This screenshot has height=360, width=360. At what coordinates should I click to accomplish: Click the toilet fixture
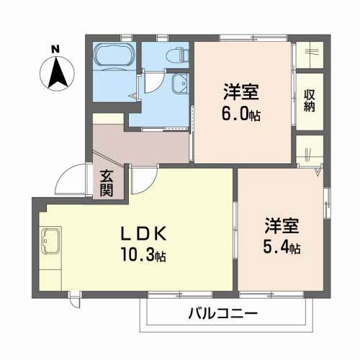tap(177, 55)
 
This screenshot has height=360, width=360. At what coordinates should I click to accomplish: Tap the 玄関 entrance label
tap(107, 183)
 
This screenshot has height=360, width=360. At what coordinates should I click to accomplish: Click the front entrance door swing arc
tap(72, 181)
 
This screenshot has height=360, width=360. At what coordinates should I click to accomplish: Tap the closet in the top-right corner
tap(310, 53)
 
